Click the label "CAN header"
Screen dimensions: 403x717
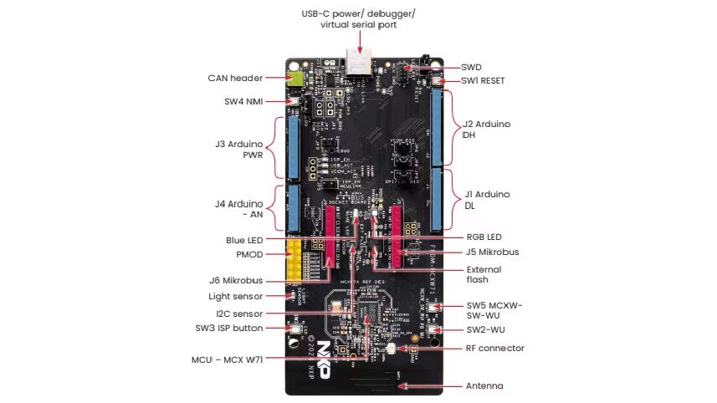pyautogui.click(x=235, y=78)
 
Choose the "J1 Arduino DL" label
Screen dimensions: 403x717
pyautogui.click(x=487, y=201)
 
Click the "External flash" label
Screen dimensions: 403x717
pyautogui.click(x=484, y=275)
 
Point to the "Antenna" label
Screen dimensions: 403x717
pyautogui.click(x=484, y=386)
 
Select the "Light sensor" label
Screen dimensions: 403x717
pyautogui.click(x=235, y=297)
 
